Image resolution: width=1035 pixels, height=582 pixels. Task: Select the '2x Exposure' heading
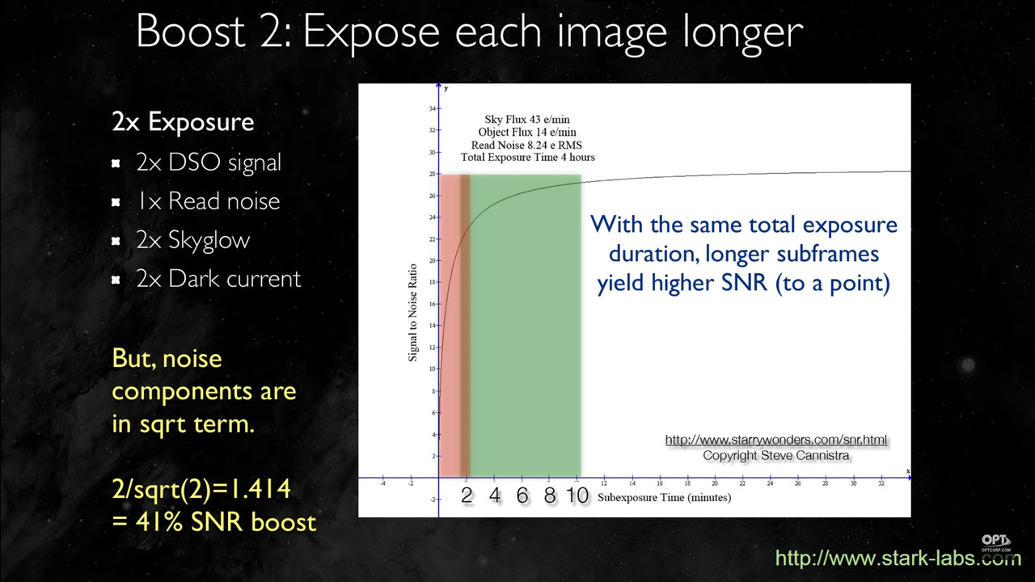pyautogui.click(x=183, y=122)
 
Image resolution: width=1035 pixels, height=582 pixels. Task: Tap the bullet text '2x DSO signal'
pyautogui.click(x=209, y=162)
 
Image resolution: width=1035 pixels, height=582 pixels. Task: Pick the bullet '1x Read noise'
pyautogui.click(x=209, y=200)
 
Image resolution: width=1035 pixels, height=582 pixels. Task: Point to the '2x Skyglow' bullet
pyautogui.click(x=193, y=240)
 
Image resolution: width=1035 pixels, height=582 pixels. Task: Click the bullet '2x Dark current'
pyautogui.click(x=218, y=279)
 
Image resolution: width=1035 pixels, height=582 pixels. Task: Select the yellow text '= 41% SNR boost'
pyautogui.click(x=214, y=521)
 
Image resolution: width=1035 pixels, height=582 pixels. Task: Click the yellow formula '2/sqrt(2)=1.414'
pyautogui.click(x=201, y=488)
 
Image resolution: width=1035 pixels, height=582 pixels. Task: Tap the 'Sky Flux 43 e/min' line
pyautogui.click(x=527, y=120)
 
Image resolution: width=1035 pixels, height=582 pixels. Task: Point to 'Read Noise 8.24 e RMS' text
pyautogui.click(x=527, y=145)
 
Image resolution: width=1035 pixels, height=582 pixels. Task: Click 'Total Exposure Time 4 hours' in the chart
pyautogui.click(x=527, y=157)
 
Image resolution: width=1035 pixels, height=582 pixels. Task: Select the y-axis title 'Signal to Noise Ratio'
pyautogui.click(x=412, y=312)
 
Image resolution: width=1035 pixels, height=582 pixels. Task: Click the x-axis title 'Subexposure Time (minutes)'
pyautogui.click(x=664, y=497)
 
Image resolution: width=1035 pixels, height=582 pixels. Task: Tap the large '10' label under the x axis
pyautogui.click(x=577, y=496)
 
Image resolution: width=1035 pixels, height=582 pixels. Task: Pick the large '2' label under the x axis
pyautogui.click(x=467, y=496)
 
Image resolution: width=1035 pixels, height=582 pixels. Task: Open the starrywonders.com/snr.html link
pyautogui.click(x=775, y=440)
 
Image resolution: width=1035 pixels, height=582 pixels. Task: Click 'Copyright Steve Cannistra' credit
pyautogui.click(x=775, y=455)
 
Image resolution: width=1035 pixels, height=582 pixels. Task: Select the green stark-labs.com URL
pyautogui.click(x=898, y=558)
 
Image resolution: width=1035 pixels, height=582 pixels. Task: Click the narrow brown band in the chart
pyautogui.click(x=465, y=323)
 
